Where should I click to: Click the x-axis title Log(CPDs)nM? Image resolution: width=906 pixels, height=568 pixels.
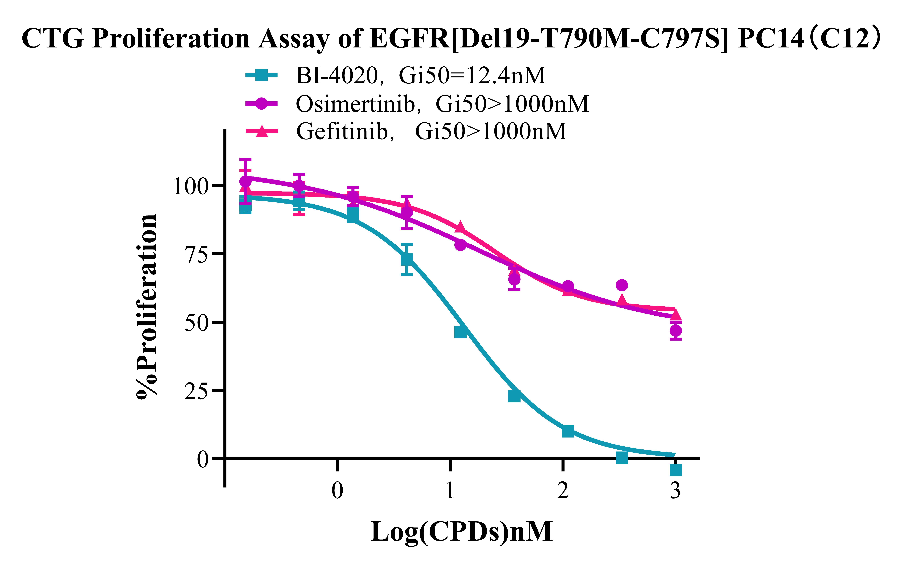point(461,532)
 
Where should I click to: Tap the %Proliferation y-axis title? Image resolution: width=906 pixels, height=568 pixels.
point(147,306)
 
